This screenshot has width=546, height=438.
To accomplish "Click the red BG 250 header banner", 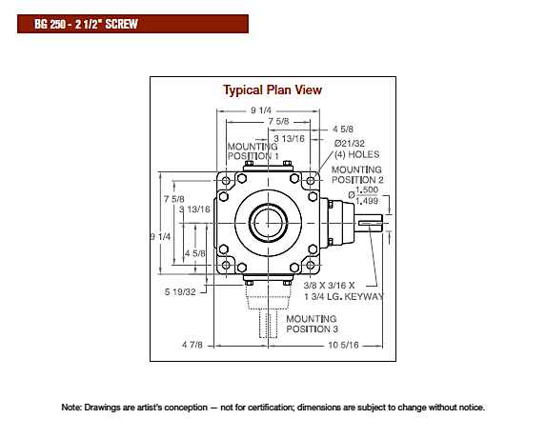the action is pos(132,24).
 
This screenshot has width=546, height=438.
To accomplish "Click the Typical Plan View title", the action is pos(273,90).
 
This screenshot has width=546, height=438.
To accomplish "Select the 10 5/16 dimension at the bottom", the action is pos(343,345).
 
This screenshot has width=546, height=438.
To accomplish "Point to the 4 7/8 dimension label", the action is pos(192,345).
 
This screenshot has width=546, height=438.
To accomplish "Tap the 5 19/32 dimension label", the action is pos(180,292).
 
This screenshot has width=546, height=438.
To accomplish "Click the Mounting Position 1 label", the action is pos(253,151).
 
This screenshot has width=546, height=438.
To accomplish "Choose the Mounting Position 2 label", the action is pos(357,174).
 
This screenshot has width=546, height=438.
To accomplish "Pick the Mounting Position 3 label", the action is pos(312,324).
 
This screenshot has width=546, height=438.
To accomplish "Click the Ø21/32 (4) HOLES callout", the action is pos(356,149).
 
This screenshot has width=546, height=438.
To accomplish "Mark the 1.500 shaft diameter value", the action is pos(367,189).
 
